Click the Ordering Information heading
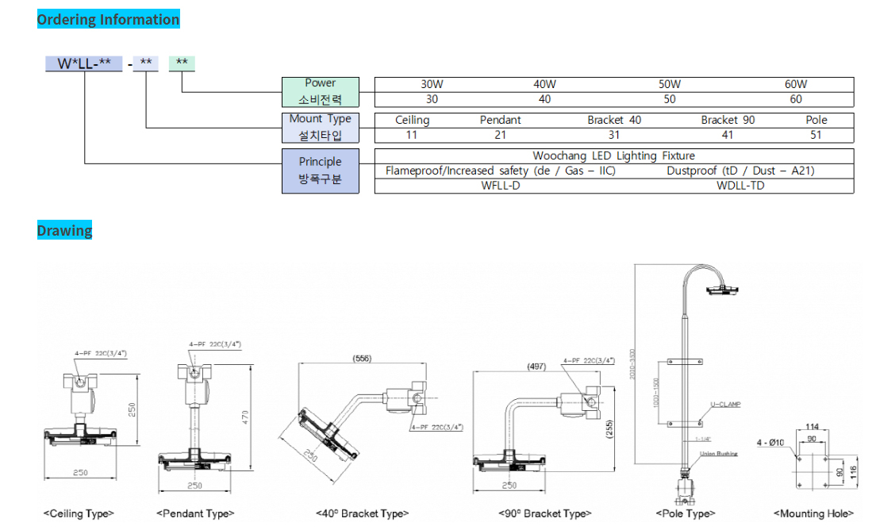109,20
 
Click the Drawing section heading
64,231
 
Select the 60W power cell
796,84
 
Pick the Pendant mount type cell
500,120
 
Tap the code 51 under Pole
816,135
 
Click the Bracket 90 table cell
728,120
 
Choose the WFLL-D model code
501,186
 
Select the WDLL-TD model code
740,186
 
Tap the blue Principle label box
321,171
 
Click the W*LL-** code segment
83,63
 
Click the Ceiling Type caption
79,514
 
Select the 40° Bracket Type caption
362,514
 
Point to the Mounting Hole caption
813,514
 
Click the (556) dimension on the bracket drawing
362,359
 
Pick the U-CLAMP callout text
725,405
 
